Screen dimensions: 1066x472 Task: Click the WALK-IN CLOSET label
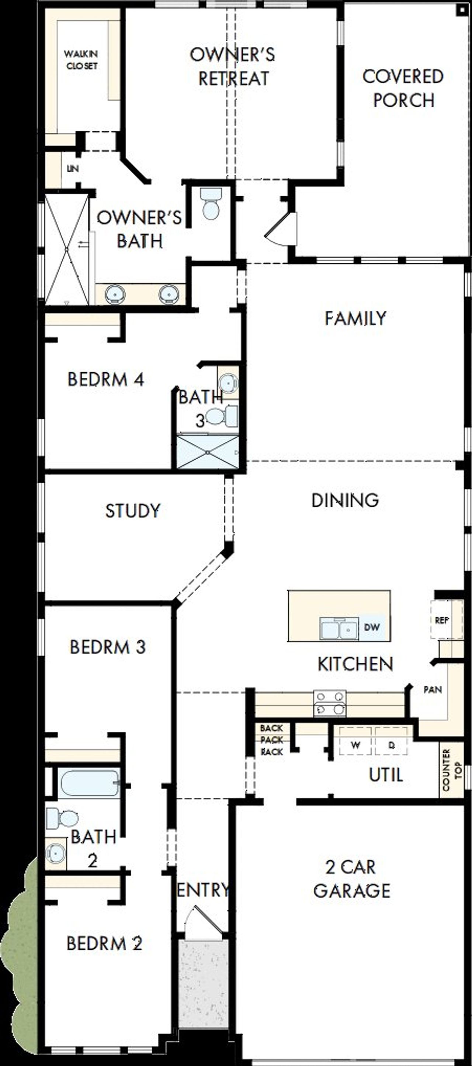(81, 60)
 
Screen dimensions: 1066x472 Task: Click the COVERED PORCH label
(403, 88)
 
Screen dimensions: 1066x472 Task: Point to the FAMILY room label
(355, 319)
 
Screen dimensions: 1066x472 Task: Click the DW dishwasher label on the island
(371, 627)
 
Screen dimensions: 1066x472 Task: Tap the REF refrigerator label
(442, 620)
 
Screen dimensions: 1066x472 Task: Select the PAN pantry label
(432, 689)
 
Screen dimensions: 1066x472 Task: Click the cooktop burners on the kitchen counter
(330, 704)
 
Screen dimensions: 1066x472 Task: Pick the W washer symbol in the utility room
(355, 745)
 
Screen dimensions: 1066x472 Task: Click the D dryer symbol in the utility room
(391, 745)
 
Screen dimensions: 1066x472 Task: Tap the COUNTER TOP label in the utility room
(451, 770)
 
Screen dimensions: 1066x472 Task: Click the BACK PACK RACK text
(272, 740)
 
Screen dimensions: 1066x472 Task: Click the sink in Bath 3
(228, 383)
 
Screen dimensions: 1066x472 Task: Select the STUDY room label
(132, 511)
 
